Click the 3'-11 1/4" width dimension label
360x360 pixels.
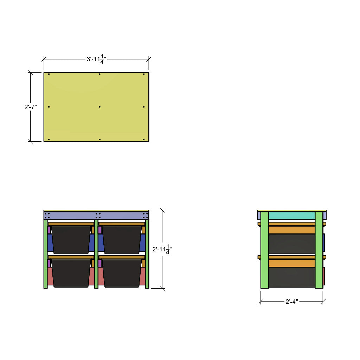pos(96,59)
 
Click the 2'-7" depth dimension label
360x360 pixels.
pos(31,107)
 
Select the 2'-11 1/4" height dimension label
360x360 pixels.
pos(162,249)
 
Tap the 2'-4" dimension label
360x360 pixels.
pos(291,301)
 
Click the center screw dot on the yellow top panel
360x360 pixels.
pos(99,107)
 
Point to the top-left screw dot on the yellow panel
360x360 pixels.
pos(49,74)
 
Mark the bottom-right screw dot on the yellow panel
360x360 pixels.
pos(144,139)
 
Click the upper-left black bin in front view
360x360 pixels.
pos(71,239)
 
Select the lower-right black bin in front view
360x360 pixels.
pos(122,273)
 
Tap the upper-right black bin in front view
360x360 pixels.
pos(122,239)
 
